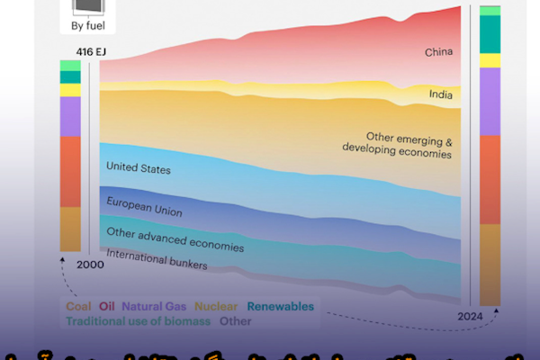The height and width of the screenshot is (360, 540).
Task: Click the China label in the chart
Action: [439, 53]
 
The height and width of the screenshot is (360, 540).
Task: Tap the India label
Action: [441, 94]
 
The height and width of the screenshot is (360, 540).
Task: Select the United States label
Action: [138, 167]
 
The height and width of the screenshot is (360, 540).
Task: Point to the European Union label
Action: [144, 206]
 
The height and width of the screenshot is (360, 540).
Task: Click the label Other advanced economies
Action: [175, 238]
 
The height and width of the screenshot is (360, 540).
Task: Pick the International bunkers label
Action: [157, 260]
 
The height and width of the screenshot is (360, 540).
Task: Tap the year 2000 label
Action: [90, 264]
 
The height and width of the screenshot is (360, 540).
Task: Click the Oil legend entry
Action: [107, 306]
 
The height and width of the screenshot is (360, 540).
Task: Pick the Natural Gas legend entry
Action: [155, 306]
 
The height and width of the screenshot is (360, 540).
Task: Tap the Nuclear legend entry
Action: [216, 306]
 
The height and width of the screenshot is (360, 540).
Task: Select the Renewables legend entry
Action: [280, 306]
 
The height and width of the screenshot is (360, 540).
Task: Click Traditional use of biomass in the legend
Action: [138, 320]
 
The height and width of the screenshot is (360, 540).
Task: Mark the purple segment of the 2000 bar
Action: [70, 116]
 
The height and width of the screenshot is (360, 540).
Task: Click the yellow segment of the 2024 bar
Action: [490, 60]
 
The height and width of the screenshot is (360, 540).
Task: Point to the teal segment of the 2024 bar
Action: [490, 34]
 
